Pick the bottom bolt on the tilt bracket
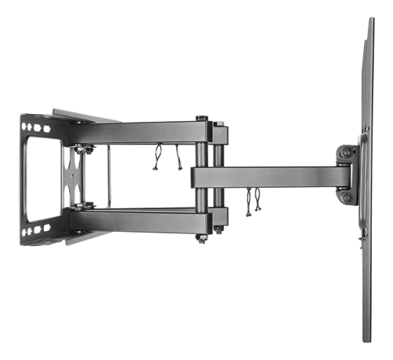click(347, 198)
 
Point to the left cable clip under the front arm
click(248, 202)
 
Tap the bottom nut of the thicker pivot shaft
click(202, 238)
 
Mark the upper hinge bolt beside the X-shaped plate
click(82, 148)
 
